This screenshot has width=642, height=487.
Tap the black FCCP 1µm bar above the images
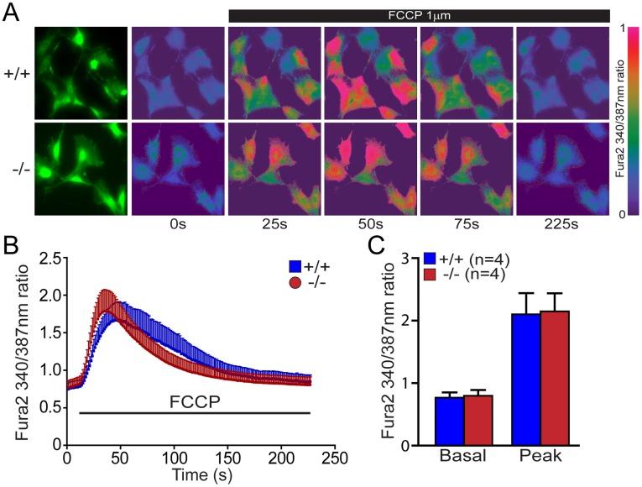pyautogui.click(x=418, y=15)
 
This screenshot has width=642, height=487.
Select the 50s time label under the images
pyautogui.click(x=368, y=224)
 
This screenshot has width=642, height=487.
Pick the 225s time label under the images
pyautogui.click(x=561, y=224)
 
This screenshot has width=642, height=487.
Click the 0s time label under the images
pyautogui.click(x=177, y=224)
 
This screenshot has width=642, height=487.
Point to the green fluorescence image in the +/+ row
pyautogui.click(x=81, y=73)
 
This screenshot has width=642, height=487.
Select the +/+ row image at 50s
pyautogui.click(x=369, y=73)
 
